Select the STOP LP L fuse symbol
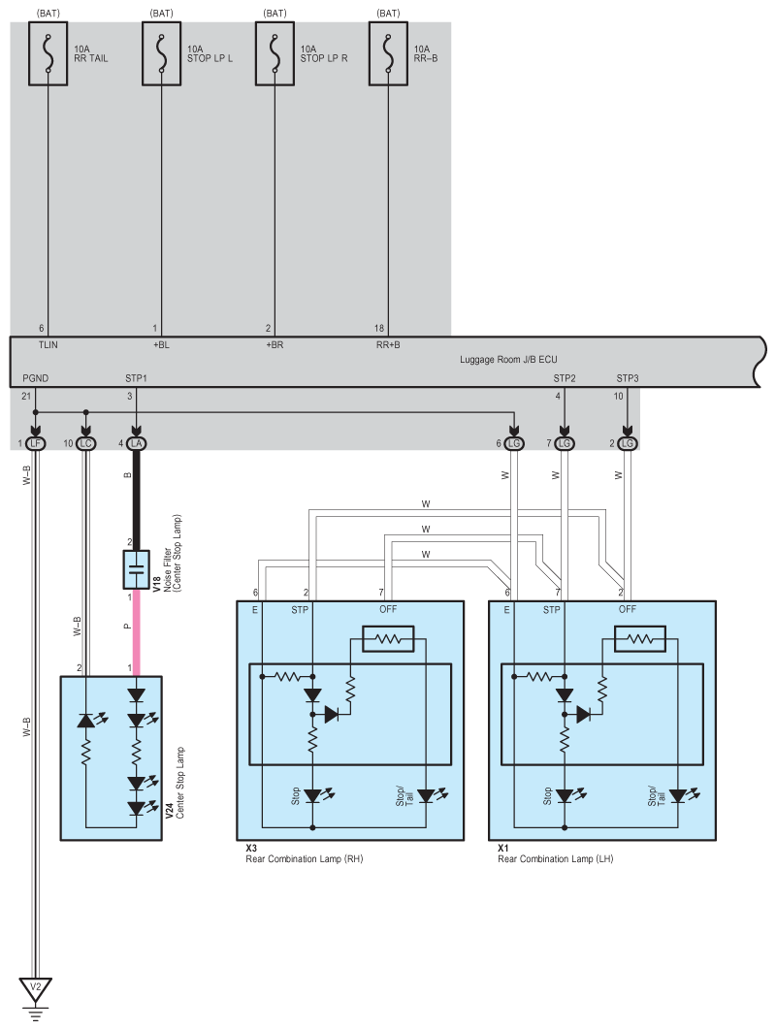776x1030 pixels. (161, 56)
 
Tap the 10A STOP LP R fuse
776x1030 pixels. (275, 56)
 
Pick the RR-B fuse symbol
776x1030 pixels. (388, 56)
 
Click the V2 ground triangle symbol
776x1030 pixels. (36, 989)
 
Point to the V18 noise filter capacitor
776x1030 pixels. (136, 569)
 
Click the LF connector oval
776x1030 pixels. (36, 443)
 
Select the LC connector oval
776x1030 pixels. (86, 443)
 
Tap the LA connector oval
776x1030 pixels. (136, 443)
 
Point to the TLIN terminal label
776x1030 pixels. (48, 344)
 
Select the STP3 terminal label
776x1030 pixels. (628, 377)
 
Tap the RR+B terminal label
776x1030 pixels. (388, 344)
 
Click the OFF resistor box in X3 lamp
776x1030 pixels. (387, 639)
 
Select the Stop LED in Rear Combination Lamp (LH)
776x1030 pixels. (564, 795)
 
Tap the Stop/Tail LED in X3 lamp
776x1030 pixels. (425, 795)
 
